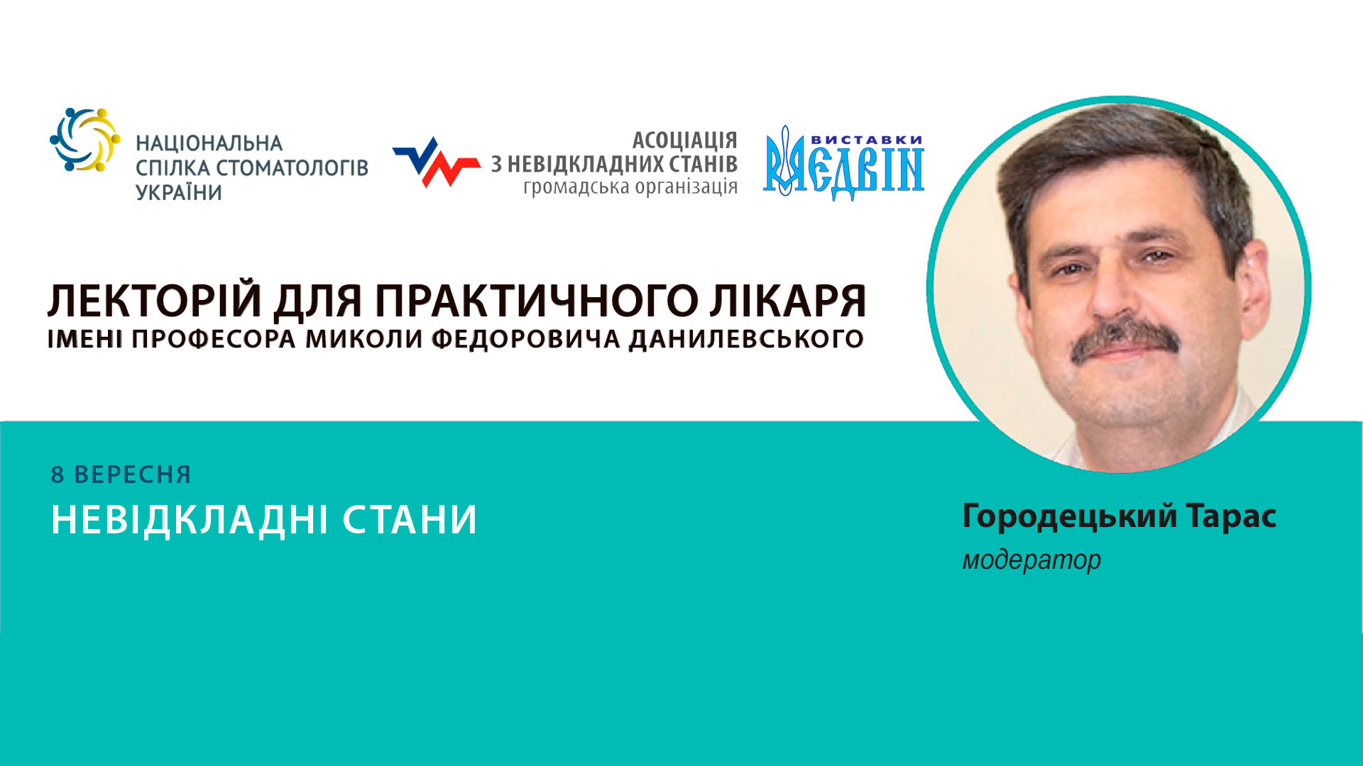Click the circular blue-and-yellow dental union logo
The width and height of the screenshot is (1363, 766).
coord(84,140)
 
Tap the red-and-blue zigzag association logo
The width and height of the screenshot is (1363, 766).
coord(436,162)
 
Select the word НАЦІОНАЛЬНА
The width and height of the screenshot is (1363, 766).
coord(209,144)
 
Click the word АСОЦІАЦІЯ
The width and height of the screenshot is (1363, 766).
coord(684,140)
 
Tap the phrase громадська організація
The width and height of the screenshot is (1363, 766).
coord(630,187)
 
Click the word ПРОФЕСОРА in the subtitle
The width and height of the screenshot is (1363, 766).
coord(213,340)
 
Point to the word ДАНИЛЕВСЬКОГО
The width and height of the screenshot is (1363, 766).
coord(746,340)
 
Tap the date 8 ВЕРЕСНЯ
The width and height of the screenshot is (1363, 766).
coord(121,474)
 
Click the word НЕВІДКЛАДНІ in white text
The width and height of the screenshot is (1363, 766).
coord(189,520)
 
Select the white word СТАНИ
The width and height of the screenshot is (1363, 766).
coord(410,520)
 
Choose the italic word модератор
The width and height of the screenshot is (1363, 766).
coord(1031,560)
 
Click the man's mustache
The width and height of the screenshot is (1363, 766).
coord(1125,338)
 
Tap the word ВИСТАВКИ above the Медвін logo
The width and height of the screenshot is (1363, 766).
coord(866,140)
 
